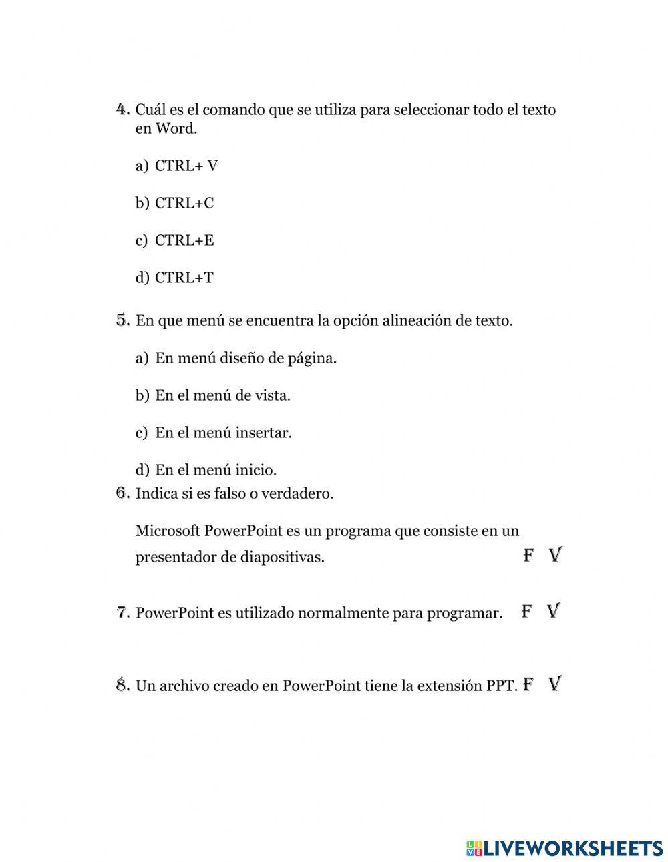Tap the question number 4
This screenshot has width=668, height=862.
(122, 109)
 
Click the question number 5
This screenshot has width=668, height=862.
(122, 320)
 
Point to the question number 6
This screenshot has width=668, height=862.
(122, 493)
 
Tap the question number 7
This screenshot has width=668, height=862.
(122, 612)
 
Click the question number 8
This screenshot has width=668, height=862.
(122, 685)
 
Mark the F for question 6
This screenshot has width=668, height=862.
(528, 555)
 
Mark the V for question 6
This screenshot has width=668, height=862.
(555, 555)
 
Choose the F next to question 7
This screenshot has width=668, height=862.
(527, 611)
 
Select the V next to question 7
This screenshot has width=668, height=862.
(553, 611)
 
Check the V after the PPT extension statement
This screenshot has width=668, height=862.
(554, 684)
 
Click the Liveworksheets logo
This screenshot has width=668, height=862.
(564, 848)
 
